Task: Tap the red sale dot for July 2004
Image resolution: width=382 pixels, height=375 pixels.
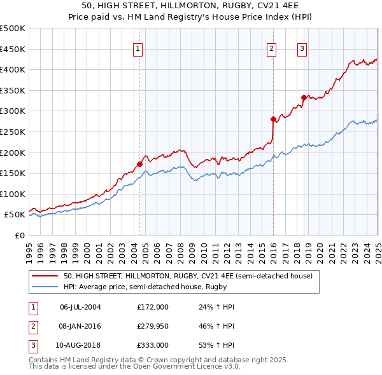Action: (139, 164)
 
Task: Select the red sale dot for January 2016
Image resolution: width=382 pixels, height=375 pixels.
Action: (273, 119)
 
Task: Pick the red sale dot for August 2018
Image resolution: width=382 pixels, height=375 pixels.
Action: (304, 97)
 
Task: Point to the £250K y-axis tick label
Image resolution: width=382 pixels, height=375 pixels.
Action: (13, 132)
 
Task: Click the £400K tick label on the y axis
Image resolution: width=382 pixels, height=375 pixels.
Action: (13, 69)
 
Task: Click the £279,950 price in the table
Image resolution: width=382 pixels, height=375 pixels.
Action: (153, 327)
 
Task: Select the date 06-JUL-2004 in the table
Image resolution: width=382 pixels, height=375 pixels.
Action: (80, 306)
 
